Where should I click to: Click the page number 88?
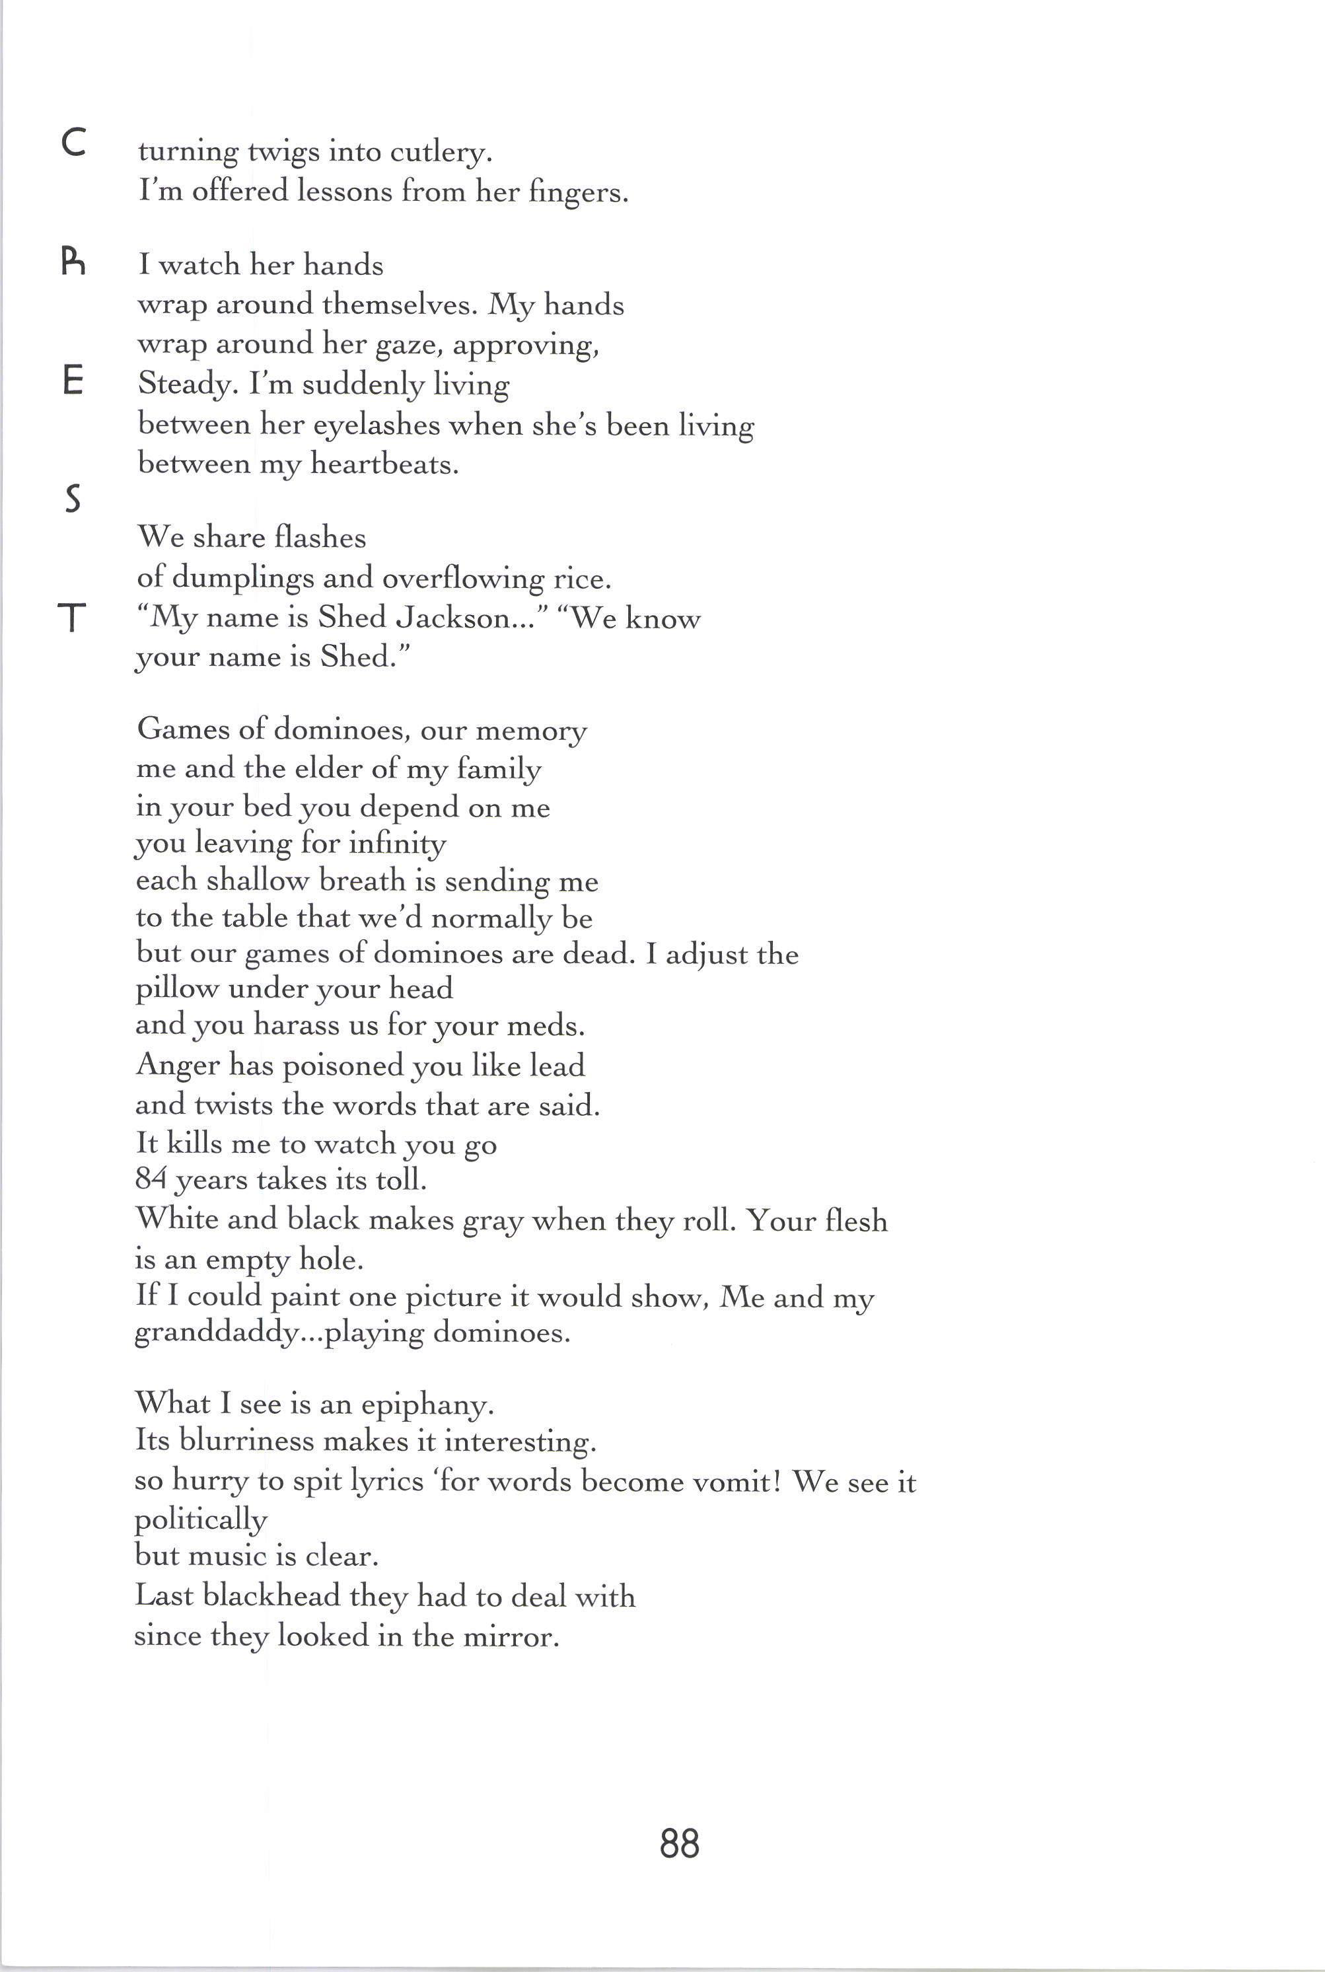point(680,1843)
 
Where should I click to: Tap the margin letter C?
point(73,145)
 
